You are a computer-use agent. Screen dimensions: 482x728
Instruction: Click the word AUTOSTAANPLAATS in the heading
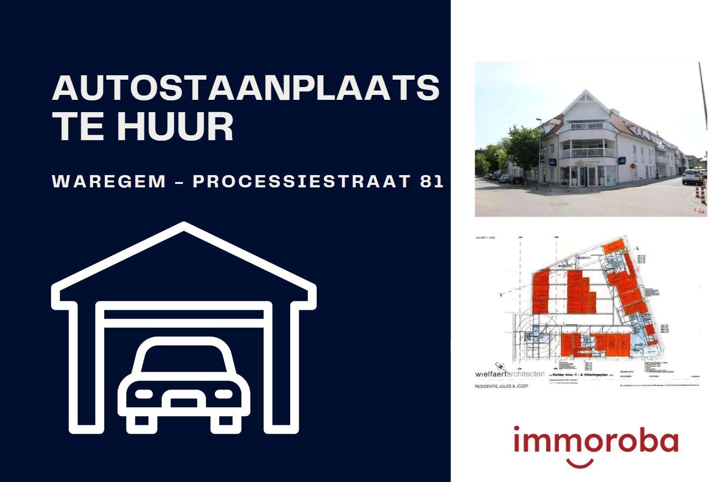click(245, 88)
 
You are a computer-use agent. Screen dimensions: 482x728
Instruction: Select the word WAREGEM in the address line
click(109, 181)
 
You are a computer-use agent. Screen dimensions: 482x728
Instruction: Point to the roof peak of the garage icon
click(184, 228)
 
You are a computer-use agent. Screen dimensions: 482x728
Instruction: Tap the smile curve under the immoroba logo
click(581, 463)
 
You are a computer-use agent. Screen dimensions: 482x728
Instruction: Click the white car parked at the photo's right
click(692, 177)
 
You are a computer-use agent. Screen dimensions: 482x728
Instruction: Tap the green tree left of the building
click(521, 148)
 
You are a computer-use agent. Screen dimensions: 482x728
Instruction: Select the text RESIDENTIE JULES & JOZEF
click(501, 387)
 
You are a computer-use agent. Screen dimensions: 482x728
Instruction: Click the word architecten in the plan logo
click(525, 373)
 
